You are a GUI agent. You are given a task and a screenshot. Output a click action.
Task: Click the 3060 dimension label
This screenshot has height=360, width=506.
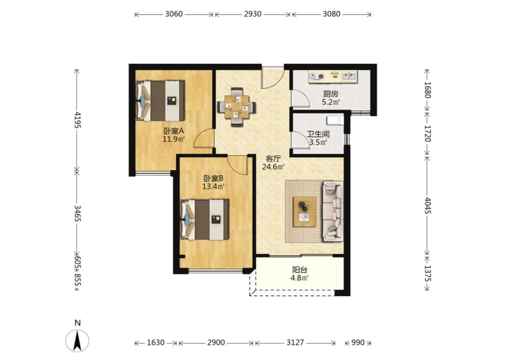tap(174, 14)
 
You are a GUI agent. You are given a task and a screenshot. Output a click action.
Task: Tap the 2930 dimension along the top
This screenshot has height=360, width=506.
tap(252, 14)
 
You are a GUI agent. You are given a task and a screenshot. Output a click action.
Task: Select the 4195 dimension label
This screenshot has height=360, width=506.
tap(77, 119)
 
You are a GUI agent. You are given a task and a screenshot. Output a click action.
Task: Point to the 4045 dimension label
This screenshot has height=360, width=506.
tap(428, 205)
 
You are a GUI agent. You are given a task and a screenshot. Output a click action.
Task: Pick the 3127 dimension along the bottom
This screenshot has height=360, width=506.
tap(295, 342)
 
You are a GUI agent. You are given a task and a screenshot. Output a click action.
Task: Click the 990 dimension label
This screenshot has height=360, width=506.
tap(358, 342)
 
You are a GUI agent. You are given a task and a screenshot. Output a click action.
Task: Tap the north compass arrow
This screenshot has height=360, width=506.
tap(77, 341)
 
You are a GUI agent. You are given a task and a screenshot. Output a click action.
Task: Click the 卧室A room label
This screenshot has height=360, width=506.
tap(174, 131)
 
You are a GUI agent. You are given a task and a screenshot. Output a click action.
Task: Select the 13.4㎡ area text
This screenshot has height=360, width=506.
tap(213, 186)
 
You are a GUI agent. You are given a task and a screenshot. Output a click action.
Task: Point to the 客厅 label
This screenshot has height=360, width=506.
tap(273, 158)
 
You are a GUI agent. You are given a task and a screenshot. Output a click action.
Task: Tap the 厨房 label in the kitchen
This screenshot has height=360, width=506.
tap(331, 94)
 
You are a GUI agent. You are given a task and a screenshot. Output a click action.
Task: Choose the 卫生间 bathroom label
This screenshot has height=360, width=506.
tap(318, 134)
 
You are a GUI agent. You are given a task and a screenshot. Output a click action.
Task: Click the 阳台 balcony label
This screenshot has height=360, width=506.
tap(300, 270)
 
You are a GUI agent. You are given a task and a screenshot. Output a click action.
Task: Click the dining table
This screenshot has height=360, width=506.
tap(237, 107)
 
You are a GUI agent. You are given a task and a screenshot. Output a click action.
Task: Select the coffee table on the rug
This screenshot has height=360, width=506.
tap(304, 211)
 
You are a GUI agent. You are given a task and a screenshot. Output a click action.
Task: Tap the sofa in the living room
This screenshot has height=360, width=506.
tap(333, 211)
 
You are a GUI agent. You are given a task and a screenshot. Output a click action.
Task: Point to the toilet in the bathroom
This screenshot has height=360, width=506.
tap(335, 121)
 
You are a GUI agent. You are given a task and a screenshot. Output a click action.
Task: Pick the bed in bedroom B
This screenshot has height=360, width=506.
tap(204, 220)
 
